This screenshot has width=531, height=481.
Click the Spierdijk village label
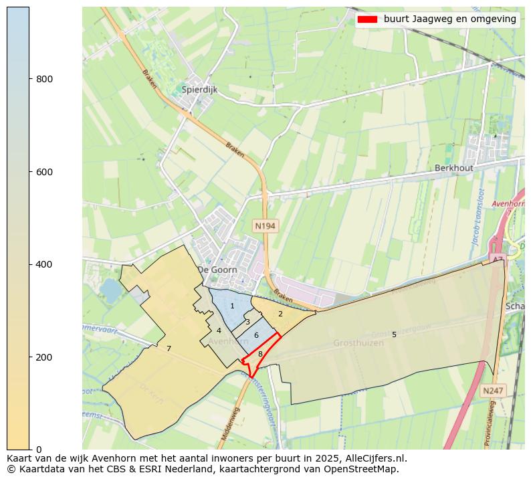coord(199,89)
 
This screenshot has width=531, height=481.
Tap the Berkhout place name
coord(453,168)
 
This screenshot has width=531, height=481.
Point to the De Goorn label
coord(217,270)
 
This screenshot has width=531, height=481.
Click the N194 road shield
coord(265,226)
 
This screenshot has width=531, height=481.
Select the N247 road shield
coord(493,390)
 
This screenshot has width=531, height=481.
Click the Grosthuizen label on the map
coord(358,343)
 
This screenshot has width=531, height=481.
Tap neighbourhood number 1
coord(232,306)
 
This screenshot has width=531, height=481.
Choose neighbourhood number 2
coord(280,314)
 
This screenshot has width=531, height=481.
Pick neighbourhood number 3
coord(247,322)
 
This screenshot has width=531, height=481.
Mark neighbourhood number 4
coord(219,330)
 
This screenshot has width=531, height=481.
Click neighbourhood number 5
coord(394,334)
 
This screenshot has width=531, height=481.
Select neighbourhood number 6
coord(256,335)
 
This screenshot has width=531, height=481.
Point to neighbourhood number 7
coord(169,349)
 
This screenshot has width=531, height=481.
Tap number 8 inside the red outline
coord(260,354)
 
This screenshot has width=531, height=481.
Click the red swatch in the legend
coord(367,19)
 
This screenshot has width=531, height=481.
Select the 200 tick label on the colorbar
coord(45,357)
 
